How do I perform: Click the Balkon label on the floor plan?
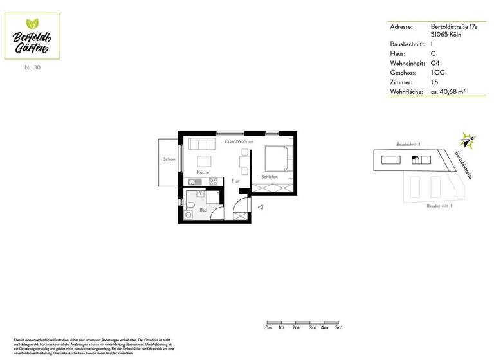[169, 159]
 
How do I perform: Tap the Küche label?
[203, 172]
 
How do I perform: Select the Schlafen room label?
[270, 177]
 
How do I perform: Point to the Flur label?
[236, 181]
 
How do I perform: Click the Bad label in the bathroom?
[203, 210]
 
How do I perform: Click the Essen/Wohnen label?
[239, 141]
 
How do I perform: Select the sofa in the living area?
[201, 143]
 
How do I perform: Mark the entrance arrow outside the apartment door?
[261, 207]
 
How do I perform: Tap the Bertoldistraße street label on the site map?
[463, 165]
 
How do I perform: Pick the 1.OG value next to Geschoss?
[438, 73]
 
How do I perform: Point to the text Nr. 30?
[32, 67]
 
